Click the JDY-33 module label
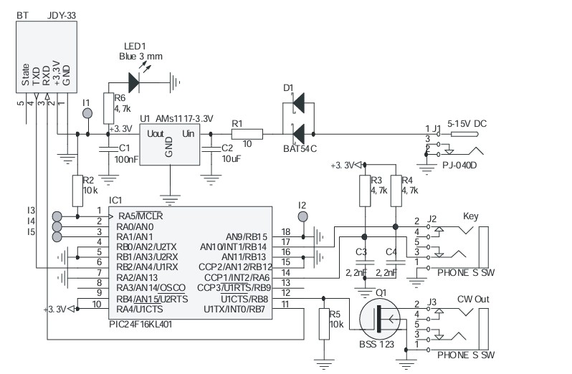click(x=62, y=15)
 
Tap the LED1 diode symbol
click(x=134, y=82)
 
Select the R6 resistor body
click(x=109, y=108)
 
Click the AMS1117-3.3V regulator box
click(x=170, y=144)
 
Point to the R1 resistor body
click(x=247, y=134)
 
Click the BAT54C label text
click(x=300, y=149)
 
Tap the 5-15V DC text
click(x=467, y=124)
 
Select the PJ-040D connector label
click(x=459, y=165)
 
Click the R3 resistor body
click(x=365, y=191)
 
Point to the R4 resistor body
click(x=396, y=191)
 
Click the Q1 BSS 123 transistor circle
click(x=380, y=319)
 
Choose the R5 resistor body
click(x=324, y=324)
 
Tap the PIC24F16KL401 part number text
click(x=140, y=324)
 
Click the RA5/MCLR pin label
click(x=140, y=216)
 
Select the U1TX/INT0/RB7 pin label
click(x=234, y=310)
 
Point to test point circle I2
click(x=302, y=217)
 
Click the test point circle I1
click(x=87, y=113)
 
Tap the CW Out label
click(x=473, y=299)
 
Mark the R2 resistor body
click(x=77, y=191)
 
